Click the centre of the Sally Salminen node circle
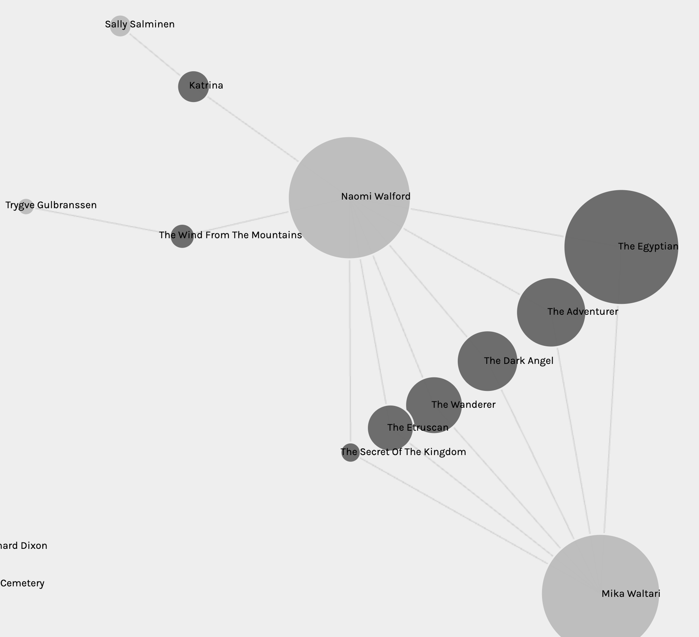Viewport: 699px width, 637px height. [x=120, y=26]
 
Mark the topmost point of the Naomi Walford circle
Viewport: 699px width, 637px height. [x=349, y=137]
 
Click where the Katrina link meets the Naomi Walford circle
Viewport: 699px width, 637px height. [x=298, y=161]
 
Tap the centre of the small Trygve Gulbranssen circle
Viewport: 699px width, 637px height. [x=26, y=206]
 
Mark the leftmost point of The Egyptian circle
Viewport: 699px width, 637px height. [x=565, y=247]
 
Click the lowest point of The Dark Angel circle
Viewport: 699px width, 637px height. [x=487, y=391]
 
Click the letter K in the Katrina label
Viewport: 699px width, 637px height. [x=192, y=86]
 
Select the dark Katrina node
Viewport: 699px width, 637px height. [x=193, y=87]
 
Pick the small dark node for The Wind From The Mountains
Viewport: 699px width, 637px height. [x=182, y=236]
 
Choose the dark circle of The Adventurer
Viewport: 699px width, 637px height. [x=551, y=312]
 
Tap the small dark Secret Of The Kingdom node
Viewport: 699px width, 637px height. [x=350, y=452]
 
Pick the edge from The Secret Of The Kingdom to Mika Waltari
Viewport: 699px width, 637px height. [x=453, y=511]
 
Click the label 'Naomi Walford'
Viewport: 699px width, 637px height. [x=376, y=196]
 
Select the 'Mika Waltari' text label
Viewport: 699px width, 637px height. [x=631, y=593]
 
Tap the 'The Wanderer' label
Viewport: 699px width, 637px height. [x=463, y=404]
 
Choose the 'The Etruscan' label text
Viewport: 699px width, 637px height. [x=418, y=427]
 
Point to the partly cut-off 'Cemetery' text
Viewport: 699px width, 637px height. [x=22, y=583]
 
